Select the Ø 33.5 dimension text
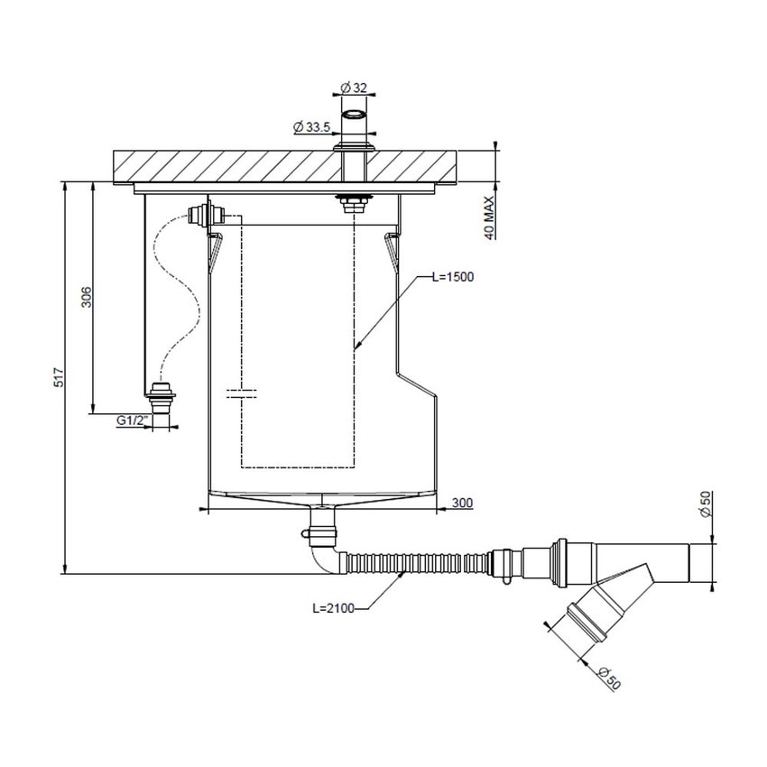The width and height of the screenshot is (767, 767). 310,127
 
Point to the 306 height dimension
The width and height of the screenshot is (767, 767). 86,297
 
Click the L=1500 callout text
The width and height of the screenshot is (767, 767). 452,277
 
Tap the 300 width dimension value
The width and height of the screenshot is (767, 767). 464,503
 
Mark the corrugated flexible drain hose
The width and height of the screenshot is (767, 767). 415,562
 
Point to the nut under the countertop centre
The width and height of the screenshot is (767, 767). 351,201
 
